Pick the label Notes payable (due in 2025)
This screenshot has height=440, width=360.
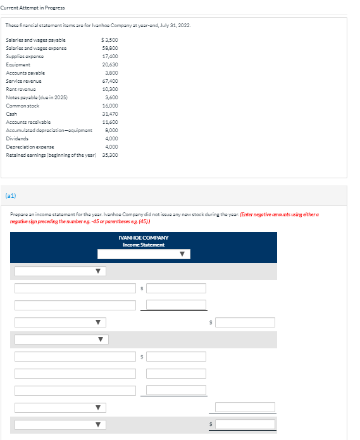(37, 97)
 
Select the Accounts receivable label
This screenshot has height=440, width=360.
(28, 122)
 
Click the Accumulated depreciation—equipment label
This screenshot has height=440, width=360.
(49, 130)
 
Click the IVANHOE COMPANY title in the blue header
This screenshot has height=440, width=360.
(143, 238)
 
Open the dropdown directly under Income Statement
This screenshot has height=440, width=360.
(143, 254)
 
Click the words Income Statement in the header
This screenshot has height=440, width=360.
(143, 245)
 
